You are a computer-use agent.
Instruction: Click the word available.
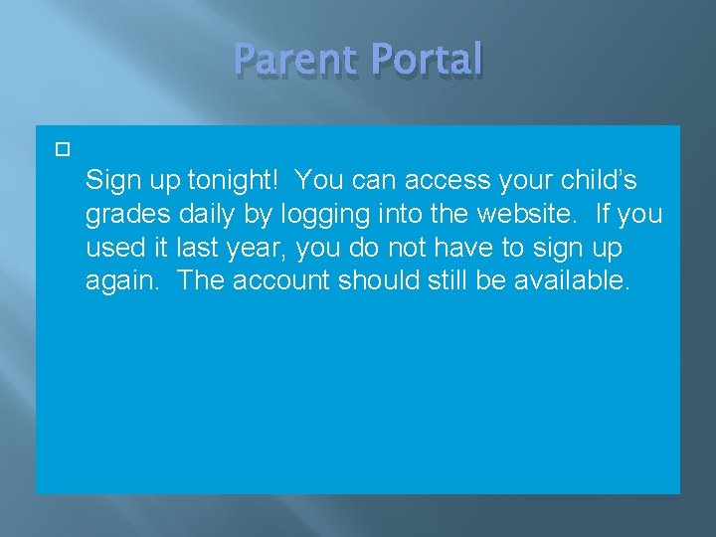point(572,281)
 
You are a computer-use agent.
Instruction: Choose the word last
point(200,248)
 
